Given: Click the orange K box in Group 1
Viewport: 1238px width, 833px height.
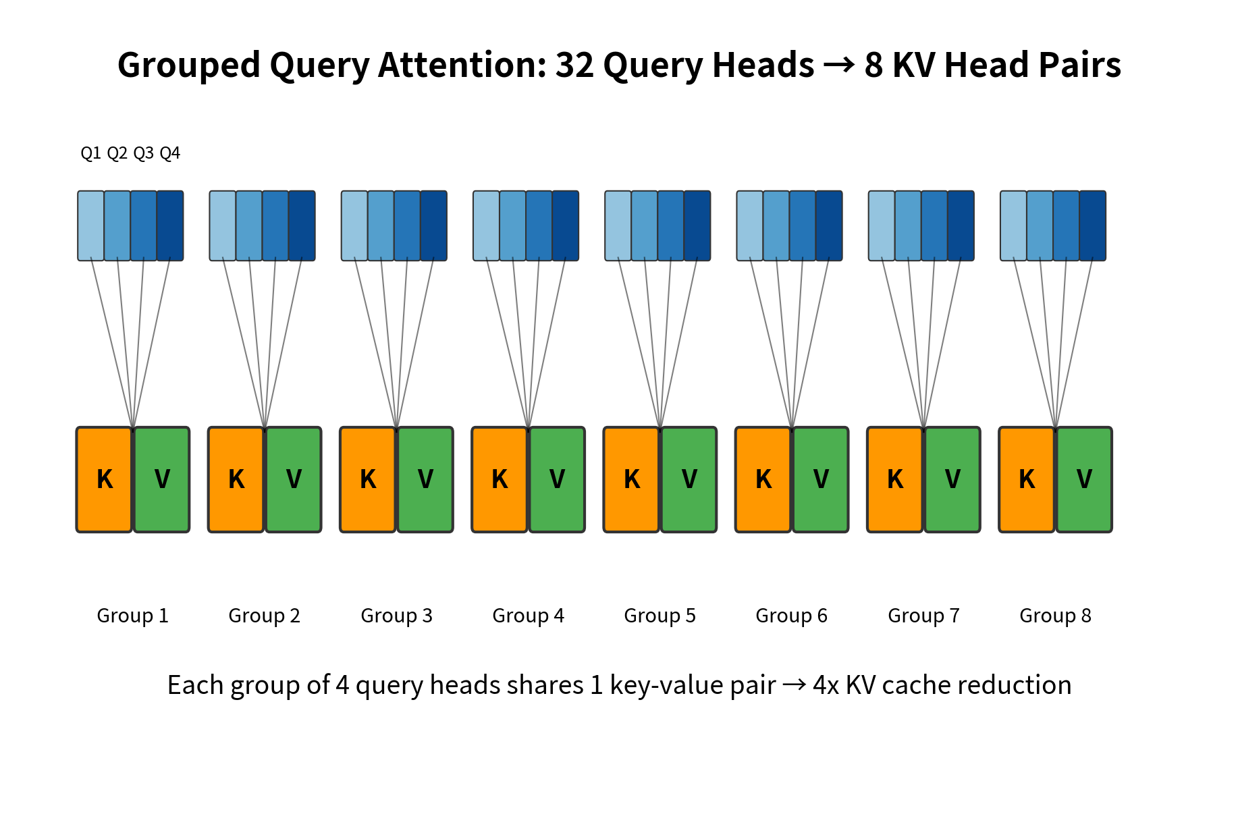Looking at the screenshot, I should pyautogui.click(x=104, y=479).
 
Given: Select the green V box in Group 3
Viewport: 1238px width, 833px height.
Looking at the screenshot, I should pyautogui.click(x=425, y=479).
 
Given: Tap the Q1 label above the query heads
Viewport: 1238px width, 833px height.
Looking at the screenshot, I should pyautogui.click(x=90, y=153).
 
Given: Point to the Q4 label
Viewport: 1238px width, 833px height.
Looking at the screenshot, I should pyautogui.click(x=170, y=153).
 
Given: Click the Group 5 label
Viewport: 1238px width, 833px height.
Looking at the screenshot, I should pyautogui.click(x=660, y=616).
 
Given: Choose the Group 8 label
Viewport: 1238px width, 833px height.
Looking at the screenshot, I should pyautogui.click(x=1055, y=616).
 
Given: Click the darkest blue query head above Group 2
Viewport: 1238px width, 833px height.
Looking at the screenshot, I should pyautogui.click(x=302, y=225).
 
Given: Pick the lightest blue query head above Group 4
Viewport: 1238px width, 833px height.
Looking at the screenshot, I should pyautogui.click(x=486, y=225).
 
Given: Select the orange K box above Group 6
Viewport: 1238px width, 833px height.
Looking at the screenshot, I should pyautogui.click(x=763, y=479).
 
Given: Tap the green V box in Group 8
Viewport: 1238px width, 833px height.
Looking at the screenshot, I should pyautogui.click(x=1084, y=479).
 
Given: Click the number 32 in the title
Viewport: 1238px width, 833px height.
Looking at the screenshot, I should pyautogui.click(x=574, y=65).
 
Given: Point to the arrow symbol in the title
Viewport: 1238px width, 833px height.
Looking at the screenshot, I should pyautogui.click(x=839, y=65).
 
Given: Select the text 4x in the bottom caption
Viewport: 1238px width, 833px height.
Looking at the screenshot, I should pyautogui.click(x=826, y=685).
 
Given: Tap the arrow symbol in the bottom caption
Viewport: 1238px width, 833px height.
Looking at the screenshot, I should pyautogui.click(x=795, y=685).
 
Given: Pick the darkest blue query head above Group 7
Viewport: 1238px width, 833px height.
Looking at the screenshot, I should pyautogui.click(x=961, y=225).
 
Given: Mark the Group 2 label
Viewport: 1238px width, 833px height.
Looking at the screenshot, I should pyautogui.click(x=264, y=616).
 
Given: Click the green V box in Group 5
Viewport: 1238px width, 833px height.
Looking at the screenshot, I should pyautogui.click(x=689, y=479).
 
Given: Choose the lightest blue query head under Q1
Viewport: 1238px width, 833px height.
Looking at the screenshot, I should pyautogui.click(x=90, y=225).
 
